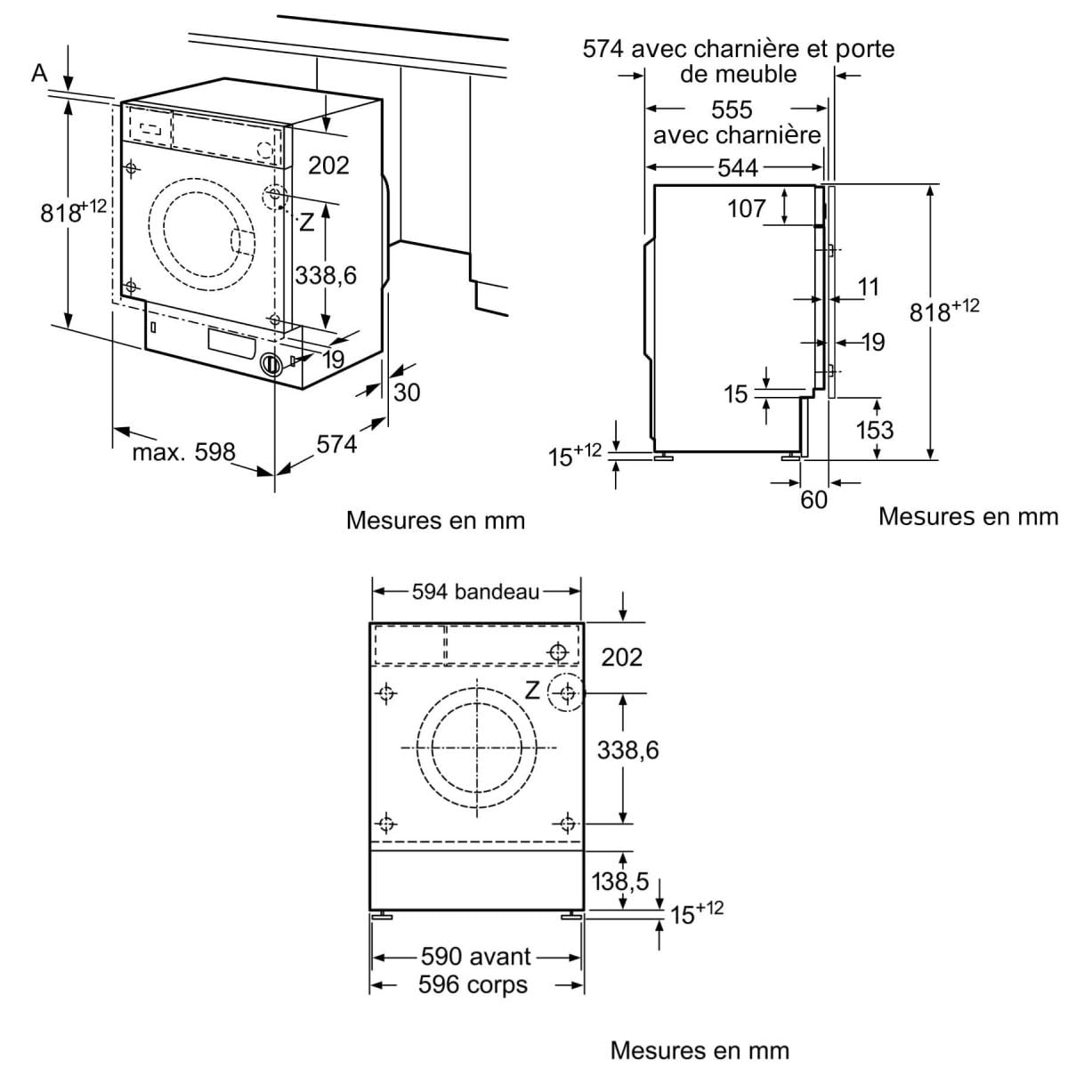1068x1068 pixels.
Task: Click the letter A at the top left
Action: point(39,73)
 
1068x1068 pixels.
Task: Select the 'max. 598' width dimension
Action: point(184,452)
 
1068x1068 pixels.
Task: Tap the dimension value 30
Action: point(406,392)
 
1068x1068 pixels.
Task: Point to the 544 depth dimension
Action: point(737,167)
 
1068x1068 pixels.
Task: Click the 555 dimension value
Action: point(732,109)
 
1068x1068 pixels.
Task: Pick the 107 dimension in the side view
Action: point(746,208)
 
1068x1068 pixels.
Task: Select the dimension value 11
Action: point(868,287)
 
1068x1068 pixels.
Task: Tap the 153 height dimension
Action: point(874,430)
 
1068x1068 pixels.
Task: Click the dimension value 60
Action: point(813,500)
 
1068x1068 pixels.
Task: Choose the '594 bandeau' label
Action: point(475,592)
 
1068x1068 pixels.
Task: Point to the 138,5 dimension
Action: point(620,881)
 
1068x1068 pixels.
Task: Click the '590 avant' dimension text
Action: point(475,957)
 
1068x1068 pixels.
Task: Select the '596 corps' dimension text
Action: point(473,985)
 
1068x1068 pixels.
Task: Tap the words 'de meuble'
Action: point(738,74)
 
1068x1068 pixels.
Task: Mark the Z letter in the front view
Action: point(532,690)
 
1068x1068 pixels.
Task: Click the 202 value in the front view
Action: point(621,657)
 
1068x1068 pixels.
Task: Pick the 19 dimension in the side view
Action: point(873,342)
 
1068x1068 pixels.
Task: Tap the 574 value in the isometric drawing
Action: point(336,444)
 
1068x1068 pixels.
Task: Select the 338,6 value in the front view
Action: point(627,750)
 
